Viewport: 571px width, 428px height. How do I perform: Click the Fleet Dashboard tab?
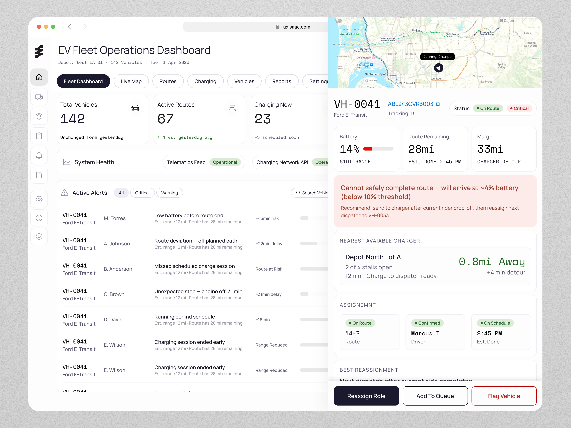click(83, 81)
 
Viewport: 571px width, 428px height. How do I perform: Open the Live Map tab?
click(131, 81)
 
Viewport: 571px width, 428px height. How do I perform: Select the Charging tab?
click(205, 81)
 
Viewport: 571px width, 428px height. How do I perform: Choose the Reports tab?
click(281, 81)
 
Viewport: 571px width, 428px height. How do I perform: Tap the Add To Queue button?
click(435, 396)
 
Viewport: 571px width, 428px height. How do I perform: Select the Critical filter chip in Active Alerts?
click(142, 193)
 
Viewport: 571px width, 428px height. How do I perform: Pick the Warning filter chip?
click(169, 193)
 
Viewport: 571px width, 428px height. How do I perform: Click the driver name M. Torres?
click(115, 218)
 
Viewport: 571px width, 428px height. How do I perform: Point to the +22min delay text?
click(269, 244)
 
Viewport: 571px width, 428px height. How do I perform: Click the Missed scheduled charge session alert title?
click(194, 266)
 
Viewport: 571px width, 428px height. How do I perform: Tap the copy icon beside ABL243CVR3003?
click(438, 104)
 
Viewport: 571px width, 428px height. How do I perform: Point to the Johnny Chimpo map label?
click(437, 57)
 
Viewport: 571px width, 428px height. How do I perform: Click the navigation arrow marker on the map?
click(438, 68)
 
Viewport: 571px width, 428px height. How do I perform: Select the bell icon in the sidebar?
click(39, 156)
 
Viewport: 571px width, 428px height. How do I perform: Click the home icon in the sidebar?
click(39, 77)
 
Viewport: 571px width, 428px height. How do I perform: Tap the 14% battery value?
click(349, 149)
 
